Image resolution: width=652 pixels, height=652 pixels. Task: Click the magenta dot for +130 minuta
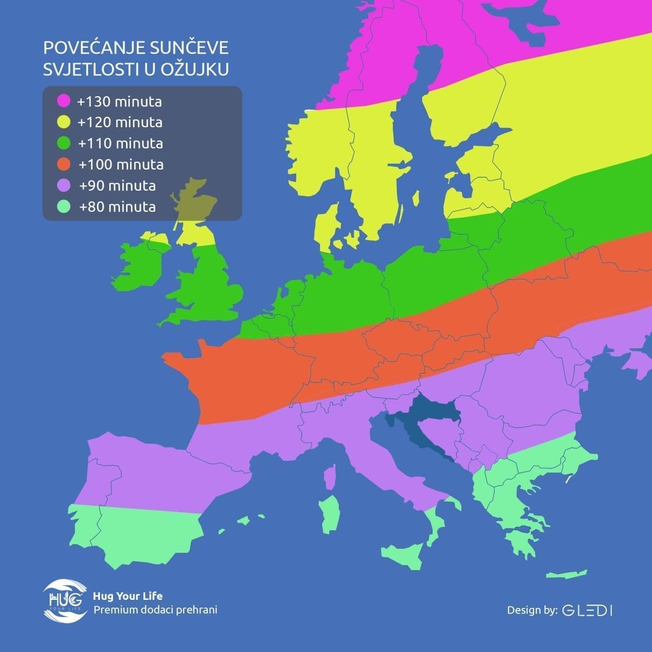point(64,101)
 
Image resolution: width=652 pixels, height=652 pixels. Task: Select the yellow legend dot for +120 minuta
point(64,122)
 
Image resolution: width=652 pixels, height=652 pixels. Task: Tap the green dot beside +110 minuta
point(64,143)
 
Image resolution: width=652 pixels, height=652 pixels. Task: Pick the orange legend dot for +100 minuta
point(64,164)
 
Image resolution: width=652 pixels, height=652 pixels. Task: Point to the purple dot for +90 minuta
point(64,185)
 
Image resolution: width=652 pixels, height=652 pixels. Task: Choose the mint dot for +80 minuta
point(64,206)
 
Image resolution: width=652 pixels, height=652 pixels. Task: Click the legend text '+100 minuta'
point(121,164)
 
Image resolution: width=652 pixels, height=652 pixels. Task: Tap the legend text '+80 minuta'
point(117,206)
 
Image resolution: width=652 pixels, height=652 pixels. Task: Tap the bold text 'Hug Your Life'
point(128,596)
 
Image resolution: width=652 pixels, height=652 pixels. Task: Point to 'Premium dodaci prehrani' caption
point(155,610)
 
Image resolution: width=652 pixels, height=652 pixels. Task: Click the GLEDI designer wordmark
point(588,610)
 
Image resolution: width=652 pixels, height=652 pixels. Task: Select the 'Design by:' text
point(532,610)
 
